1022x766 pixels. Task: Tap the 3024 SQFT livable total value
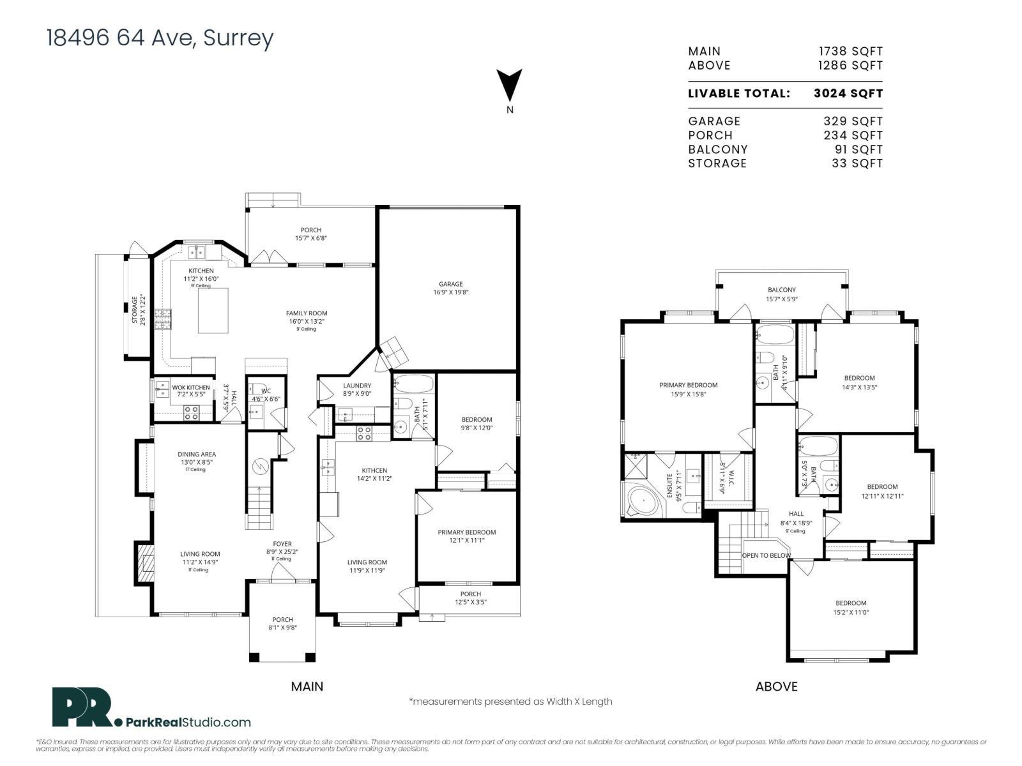848,93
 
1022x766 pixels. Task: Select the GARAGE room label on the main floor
450,284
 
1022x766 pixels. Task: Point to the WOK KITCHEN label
190,387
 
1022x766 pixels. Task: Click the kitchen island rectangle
213,310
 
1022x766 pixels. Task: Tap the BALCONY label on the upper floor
781,290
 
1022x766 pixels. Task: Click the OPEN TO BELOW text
766,555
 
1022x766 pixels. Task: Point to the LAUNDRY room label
356,386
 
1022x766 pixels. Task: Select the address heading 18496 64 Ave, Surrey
160,38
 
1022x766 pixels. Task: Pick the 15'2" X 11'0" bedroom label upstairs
851,607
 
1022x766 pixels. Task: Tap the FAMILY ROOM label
307,313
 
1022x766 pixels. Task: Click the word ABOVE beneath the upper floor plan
776,686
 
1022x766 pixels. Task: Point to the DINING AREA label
197,454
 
